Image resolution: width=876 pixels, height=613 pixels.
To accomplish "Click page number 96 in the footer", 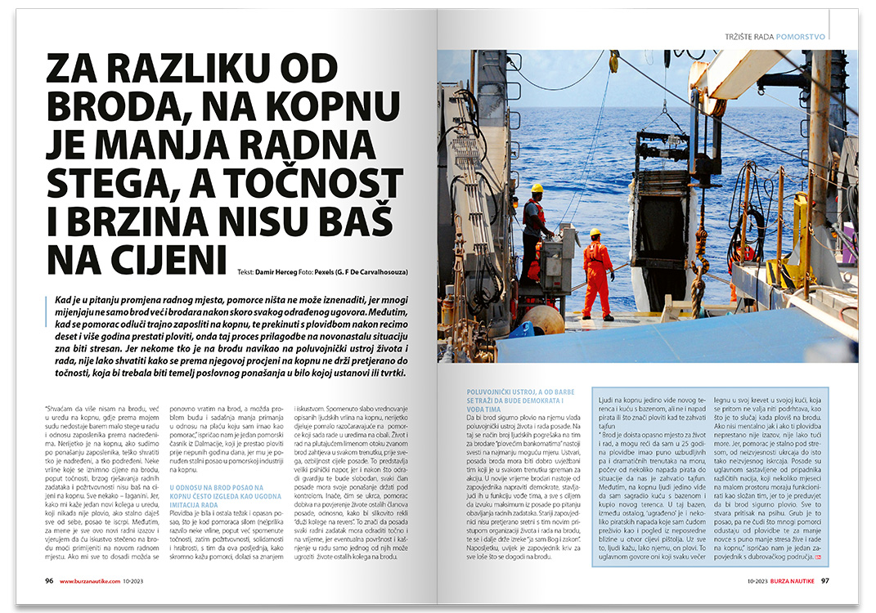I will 49,581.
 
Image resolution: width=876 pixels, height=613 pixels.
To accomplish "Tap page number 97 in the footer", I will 825,581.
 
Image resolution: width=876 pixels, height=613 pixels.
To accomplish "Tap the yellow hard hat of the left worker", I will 537,188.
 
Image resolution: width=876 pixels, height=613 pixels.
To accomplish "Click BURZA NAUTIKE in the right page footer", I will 788,581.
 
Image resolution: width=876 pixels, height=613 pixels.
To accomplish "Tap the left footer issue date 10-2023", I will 152,581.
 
